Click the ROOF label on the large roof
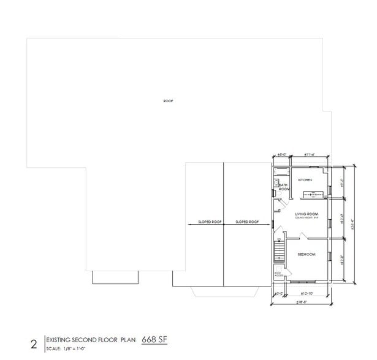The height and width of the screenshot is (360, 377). tap(168, 101)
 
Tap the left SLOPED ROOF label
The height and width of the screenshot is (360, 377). tap(208, 222)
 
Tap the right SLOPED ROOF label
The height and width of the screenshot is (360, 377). tap(247, 222)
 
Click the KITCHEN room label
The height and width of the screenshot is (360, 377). tap(305, 180)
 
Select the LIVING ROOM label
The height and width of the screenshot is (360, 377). tap(304, 214)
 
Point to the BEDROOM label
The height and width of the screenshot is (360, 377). tap(307, 254)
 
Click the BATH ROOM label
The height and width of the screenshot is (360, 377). tap(284, 187)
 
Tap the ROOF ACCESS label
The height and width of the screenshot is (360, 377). tap(278, 275)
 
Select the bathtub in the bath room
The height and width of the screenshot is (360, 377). tap(276, 182)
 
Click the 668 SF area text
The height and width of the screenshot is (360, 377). tap(154, 338)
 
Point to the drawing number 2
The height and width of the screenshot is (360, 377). tap(34, 344)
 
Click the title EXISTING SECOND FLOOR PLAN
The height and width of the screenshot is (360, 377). tap(91, 339)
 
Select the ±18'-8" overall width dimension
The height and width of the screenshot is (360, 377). tap(302, 302)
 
